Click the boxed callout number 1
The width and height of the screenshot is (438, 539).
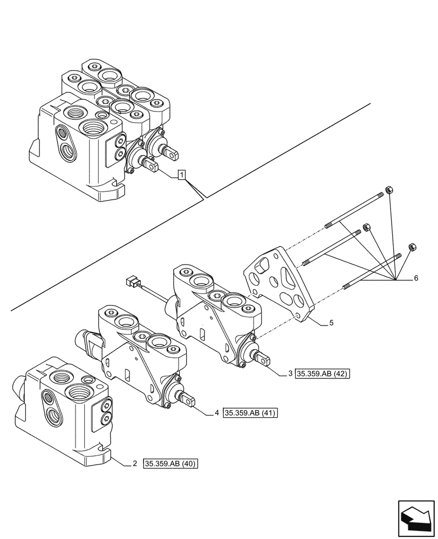click(182, 175)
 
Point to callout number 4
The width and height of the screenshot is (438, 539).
click(216, 413)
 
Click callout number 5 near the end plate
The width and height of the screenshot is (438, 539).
click(331, 324)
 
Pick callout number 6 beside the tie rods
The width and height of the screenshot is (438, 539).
click(416, 279)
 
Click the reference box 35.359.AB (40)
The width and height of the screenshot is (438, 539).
click(171, 464)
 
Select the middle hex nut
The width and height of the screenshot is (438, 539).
click(366, 227)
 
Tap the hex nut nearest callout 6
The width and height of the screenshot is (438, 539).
click(413, 246)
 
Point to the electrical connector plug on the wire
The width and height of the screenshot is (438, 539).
click(130, 281)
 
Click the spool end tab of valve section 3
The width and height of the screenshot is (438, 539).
click(265, 358)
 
